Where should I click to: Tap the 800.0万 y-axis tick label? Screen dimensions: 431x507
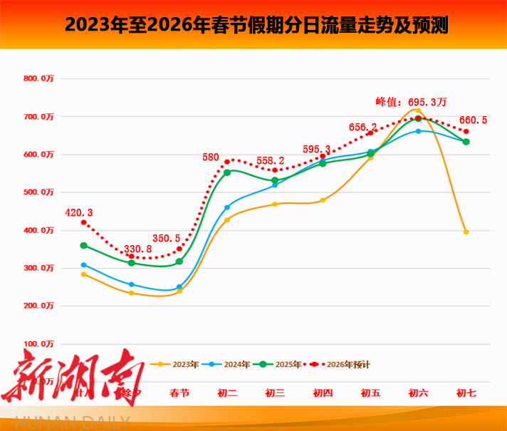38,78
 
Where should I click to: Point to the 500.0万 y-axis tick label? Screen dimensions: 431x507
38,192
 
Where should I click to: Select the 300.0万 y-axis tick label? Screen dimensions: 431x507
38,268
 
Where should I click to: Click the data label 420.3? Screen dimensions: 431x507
79,212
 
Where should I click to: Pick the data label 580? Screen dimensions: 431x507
211,157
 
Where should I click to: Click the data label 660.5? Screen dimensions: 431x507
473,120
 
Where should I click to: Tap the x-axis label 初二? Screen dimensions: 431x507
227,393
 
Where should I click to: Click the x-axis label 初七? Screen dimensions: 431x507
466,393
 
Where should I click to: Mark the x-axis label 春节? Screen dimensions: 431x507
179,393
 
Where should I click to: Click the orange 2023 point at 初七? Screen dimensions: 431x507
466,232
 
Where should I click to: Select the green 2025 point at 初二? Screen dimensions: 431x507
227,172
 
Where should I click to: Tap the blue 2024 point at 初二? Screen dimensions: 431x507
227,207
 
